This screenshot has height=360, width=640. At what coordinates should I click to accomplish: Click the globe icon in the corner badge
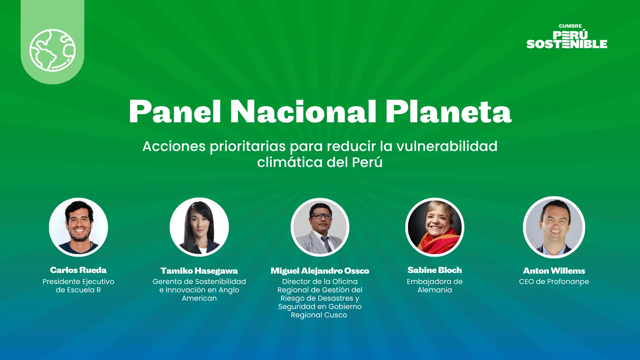52,50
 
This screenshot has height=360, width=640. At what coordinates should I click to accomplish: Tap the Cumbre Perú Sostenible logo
567,36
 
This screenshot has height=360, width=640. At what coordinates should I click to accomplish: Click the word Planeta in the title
448,112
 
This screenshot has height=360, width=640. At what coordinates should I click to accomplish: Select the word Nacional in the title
303,112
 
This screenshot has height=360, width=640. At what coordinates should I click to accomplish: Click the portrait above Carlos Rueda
78,227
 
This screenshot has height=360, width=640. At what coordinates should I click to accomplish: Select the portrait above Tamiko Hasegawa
199,227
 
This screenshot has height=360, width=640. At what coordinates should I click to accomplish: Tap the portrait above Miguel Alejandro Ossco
320,227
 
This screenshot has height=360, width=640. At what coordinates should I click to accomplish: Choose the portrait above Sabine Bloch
435,227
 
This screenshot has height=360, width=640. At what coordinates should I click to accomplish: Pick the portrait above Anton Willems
554,227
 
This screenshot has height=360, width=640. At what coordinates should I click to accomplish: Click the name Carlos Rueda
78,270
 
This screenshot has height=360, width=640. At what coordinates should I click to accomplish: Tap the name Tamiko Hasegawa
199,271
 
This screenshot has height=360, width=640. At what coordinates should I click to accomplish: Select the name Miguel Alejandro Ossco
320,271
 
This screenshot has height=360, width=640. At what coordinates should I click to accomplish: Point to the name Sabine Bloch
435,270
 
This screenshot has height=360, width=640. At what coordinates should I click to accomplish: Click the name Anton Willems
554,271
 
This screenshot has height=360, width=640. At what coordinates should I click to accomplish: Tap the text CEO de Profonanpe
554,282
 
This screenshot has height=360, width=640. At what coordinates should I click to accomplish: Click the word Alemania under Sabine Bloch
435,290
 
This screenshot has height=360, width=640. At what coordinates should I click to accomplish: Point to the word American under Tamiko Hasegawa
199,298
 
